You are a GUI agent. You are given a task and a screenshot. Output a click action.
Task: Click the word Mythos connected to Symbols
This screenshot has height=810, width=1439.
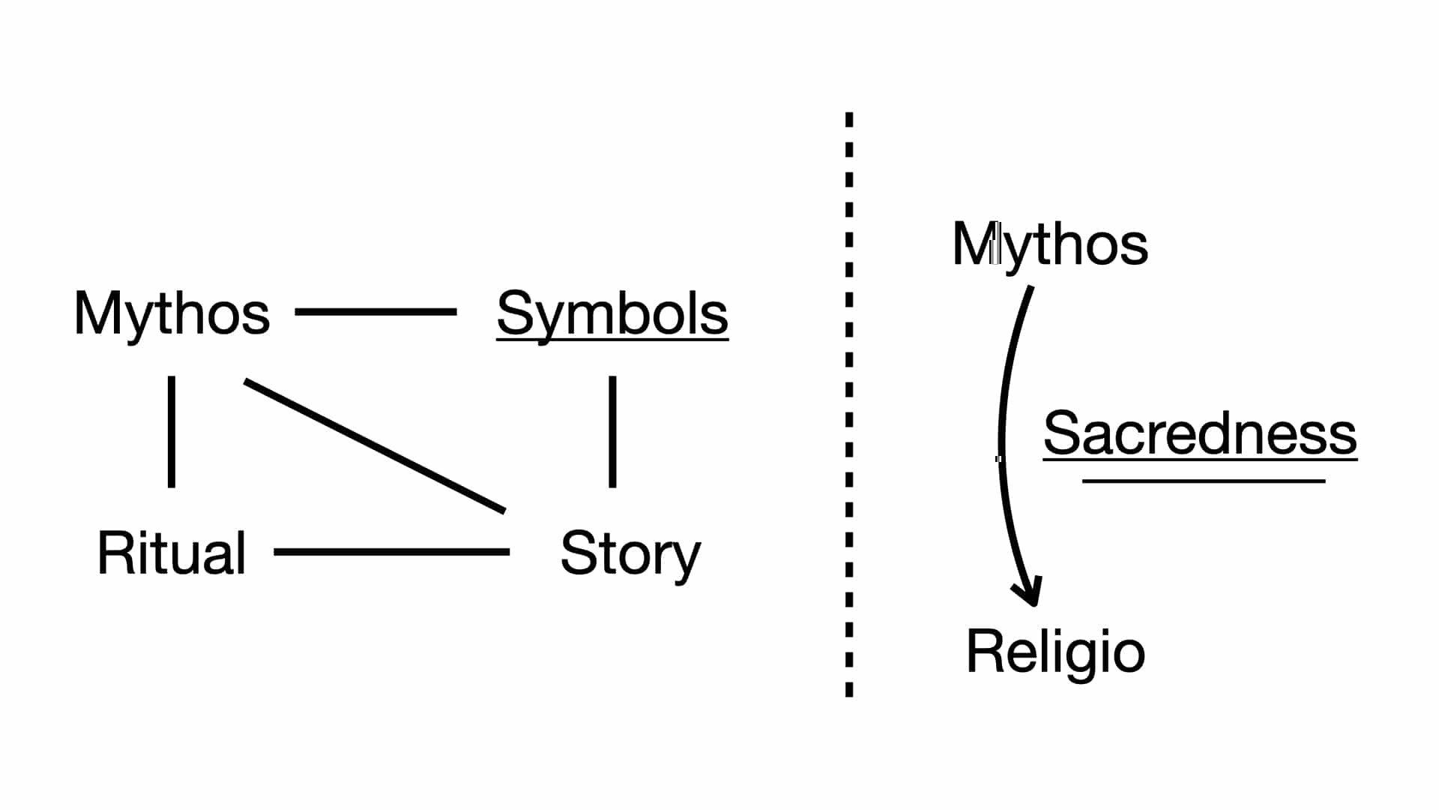pyautogui.click(x=172, y=313)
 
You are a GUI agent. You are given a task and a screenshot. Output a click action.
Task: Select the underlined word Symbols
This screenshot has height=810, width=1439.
pyautogui.click(x=612, y=313)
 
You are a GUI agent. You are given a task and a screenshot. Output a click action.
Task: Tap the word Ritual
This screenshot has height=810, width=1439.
pyautogui.click(x=172, y=553)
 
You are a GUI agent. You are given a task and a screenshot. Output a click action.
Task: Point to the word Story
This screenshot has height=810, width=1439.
pyautogui.click(x=630, y=553)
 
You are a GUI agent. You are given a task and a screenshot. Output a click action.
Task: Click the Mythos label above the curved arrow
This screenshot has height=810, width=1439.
pyautogui.click(x=1050, y=244)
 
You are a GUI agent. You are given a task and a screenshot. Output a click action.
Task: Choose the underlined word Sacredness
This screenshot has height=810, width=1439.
pyautogui.click(x=1200, y=433)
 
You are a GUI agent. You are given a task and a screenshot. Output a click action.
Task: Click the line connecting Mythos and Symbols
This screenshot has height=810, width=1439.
pyautogui.click(x=375, y=311)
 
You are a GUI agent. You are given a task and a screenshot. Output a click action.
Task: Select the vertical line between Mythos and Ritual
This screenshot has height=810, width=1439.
pyautogui.click(x=172, y=431)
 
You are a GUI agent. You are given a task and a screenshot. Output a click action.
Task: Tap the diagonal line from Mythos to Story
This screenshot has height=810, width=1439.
pyautogui.click(x=375, y=446)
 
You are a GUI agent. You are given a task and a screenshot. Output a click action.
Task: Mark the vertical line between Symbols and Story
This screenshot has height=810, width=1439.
pyautogui.click(x=612, y=431)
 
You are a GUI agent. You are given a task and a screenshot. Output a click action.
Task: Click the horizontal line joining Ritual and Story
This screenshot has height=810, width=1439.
pyautogui.click(x=391, y=552)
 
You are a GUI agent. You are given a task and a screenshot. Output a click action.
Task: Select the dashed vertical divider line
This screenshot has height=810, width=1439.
pyautogui.click(x=849, y=405)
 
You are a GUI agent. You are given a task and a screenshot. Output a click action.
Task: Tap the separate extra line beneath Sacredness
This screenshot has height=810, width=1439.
pyautogui.click(x=1204, y=481)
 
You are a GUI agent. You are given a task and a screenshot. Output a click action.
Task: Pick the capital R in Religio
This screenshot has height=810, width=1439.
pyautogui.click(x=983, y=651)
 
